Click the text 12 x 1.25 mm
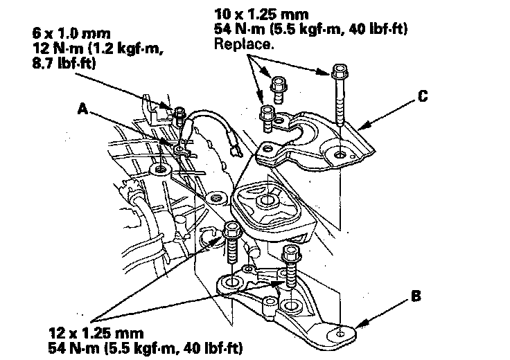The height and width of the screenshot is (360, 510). pyautogui.click(x=93, y=332)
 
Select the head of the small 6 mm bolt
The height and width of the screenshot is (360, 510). pyautogui.click(x=179, y=111)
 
